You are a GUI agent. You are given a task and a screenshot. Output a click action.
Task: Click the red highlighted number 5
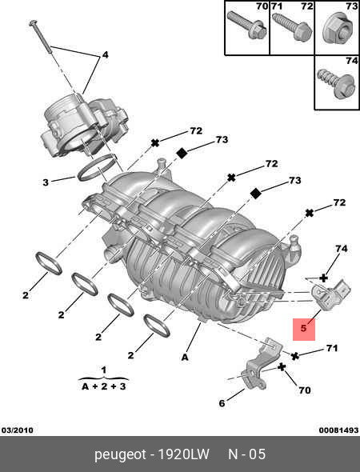pos(303,328)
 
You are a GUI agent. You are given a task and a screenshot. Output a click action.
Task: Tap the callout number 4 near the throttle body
pos(105,54)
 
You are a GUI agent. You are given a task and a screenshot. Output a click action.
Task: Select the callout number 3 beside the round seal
pos(46,182)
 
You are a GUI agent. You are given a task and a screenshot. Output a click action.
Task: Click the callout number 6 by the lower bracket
pos(222,403)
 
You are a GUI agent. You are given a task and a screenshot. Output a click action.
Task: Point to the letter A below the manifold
pos(185,357)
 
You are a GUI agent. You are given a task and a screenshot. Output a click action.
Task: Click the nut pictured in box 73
pos(337,29)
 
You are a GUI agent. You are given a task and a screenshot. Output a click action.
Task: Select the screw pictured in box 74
pos(336,83)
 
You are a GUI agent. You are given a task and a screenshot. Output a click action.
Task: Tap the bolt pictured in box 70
pos(247,24)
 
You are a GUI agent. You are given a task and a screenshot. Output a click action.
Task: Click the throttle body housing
pos(84,128)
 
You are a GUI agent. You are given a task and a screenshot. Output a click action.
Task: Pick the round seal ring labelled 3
pos(97,168)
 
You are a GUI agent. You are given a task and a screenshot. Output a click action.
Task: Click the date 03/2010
pos(17,430)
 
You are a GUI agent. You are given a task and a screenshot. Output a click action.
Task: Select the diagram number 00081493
pos(338,430)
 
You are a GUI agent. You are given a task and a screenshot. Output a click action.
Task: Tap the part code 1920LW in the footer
pos(184,454)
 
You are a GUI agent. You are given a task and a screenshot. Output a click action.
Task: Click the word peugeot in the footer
pos(120,455)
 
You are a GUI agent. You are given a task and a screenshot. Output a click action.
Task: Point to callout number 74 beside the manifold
pos(342,249)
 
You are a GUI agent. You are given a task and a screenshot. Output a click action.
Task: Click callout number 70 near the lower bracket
pos(304,390)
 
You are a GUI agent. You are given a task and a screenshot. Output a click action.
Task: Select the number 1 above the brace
pos(103,370)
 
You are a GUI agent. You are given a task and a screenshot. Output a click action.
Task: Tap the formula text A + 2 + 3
pos(103,386)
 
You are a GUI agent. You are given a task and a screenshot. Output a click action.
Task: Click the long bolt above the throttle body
pos(56,57)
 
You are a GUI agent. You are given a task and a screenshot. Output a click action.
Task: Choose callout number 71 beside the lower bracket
pos(332,348)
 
